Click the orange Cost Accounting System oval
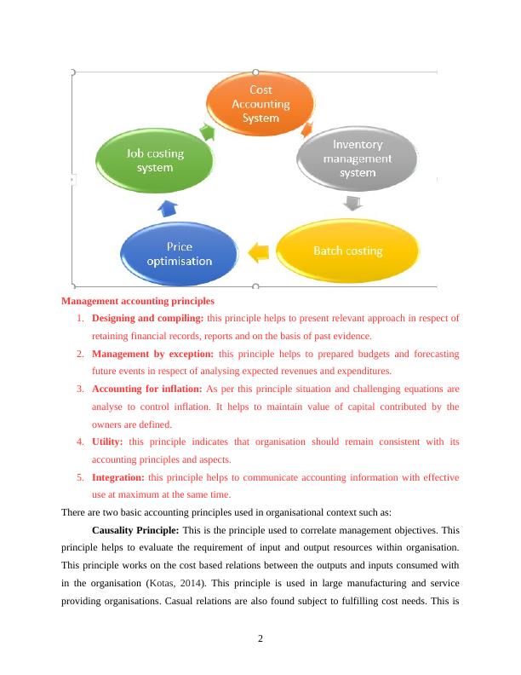click(255, 104)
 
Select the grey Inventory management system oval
click(357, 159)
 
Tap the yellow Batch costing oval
click(347, 251)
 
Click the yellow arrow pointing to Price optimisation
click(259, 251)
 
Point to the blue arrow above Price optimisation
click(168, 207)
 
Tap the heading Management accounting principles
click(138, 301)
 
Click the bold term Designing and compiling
click(147, 319)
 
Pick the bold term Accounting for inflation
click(147, 389)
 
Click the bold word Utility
click(107, 441)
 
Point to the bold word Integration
click(117, 477)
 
